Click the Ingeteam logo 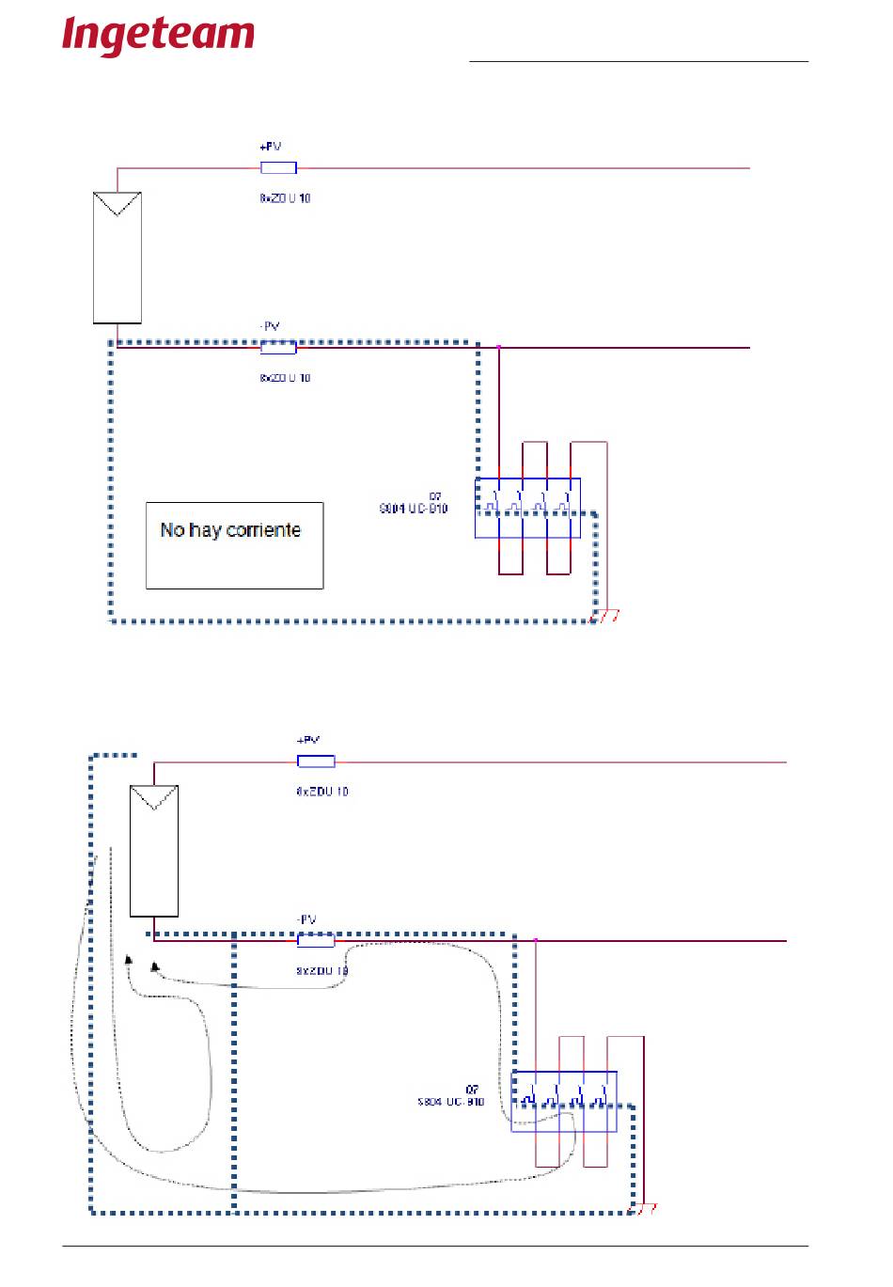pos(158,36)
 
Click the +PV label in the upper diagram pos(270,147)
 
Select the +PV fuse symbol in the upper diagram pos(278,168)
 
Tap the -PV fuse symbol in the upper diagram pos(278,348)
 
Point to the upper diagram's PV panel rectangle pos(117,258)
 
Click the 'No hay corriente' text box pos(234,545)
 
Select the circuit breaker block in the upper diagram pos(527,508)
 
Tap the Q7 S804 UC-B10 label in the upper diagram pos(414,503)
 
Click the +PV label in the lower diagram pos(307,741)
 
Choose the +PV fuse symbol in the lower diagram pos(316,761)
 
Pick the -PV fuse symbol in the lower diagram pos(316,940)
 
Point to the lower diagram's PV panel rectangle pos(154,851)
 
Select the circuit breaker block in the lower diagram pos(564,1101)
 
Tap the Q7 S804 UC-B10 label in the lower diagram pos(451,1096)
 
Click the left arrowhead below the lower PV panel pos(129,959)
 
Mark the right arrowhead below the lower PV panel pos(155,966)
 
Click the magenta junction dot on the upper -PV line pos(499,348)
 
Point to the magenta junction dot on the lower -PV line pos(536,940)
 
